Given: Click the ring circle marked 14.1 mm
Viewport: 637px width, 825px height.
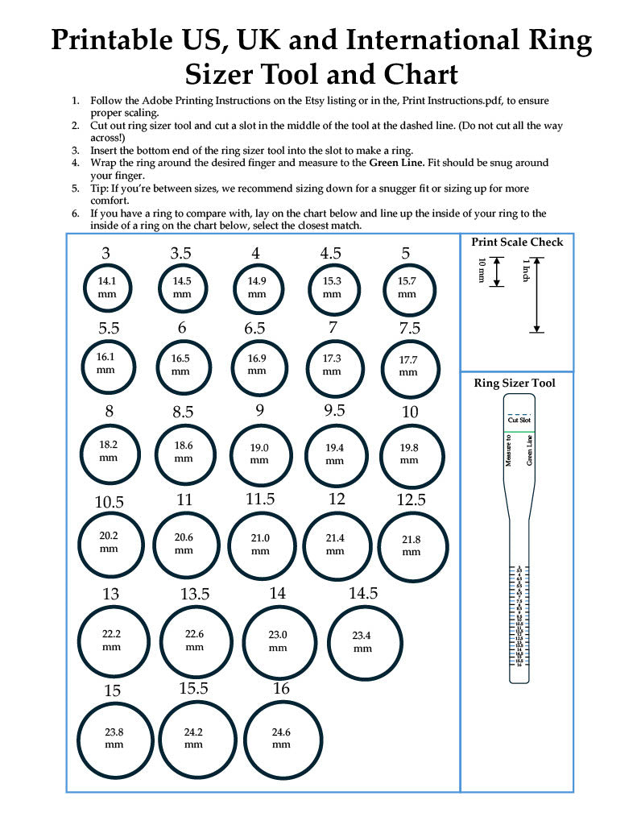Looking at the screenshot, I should (106, 288).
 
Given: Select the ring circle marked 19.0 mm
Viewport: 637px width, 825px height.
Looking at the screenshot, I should (259, 454).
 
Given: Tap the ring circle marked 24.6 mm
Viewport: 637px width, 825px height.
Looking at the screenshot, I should (281, 738).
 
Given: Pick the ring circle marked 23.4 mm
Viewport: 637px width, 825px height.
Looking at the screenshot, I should (362, 641).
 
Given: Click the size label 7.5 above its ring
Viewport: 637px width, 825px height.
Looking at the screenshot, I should (410, 328).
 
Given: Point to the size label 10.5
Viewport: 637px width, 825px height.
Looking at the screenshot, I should (110, 502).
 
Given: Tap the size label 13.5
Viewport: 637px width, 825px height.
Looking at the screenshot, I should (195, 594).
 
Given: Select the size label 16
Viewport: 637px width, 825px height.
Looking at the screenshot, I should (281, 689).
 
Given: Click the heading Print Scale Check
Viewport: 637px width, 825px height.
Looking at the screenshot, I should (517, 242).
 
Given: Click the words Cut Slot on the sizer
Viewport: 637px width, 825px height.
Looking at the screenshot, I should (517, 421).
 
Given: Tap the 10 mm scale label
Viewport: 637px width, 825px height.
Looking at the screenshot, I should (482, 272).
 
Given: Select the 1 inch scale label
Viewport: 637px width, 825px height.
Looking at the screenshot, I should (524, 271).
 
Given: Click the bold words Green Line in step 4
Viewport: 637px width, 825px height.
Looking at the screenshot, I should (395, 163).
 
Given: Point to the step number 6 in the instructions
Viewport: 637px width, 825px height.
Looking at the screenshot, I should (75, 214).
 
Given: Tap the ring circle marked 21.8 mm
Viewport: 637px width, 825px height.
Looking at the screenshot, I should (412, 545).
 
